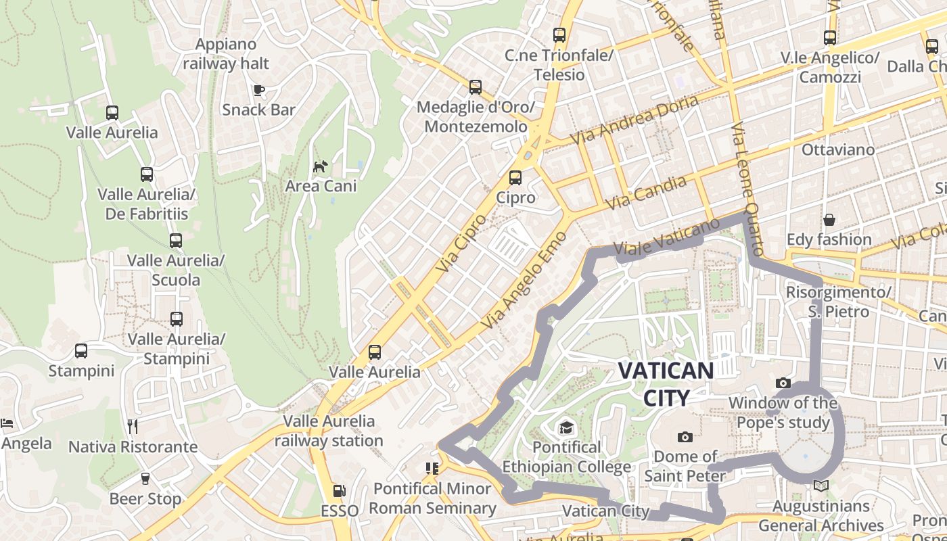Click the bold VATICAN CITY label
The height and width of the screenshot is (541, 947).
666,383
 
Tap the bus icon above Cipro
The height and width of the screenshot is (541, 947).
515,178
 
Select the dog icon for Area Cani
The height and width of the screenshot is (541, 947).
320,166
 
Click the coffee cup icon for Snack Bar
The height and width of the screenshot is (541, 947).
258,90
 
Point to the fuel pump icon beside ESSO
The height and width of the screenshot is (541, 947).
340,492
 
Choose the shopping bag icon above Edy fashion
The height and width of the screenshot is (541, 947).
829,220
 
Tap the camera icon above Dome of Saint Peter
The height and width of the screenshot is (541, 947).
685,437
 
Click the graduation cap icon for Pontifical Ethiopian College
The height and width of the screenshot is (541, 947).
565,427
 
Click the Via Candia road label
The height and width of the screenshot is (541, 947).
646,192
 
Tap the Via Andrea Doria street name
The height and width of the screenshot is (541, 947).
634,120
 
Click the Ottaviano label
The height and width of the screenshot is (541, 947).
837,149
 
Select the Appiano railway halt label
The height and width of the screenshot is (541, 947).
226,54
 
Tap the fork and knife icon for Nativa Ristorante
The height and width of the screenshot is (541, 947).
133,426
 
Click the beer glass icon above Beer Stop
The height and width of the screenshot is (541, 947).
145,479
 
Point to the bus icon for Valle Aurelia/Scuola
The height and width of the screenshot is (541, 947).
176,241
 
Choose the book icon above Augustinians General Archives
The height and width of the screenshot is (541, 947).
821,486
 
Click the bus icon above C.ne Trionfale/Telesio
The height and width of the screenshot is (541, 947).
559,35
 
